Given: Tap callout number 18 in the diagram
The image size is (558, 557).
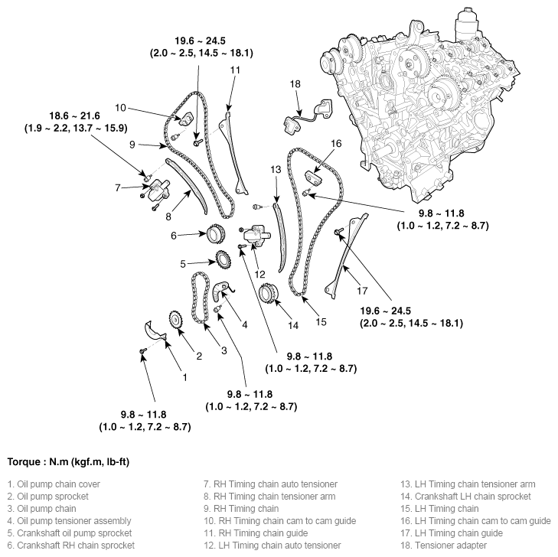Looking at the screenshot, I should point(295,83).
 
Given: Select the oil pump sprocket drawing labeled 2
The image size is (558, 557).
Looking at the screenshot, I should point(175,321).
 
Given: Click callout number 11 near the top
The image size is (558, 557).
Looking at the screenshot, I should point(235,70).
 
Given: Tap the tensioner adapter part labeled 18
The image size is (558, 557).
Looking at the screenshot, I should point(306,116).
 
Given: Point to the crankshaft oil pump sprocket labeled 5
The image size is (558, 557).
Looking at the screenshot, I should point(224,262).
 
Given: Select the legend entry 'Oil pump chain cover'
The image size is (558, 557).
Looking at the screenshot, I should point(54,484).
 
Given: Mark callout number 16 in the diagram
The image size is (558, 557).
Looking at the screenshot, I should point(336,143).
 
